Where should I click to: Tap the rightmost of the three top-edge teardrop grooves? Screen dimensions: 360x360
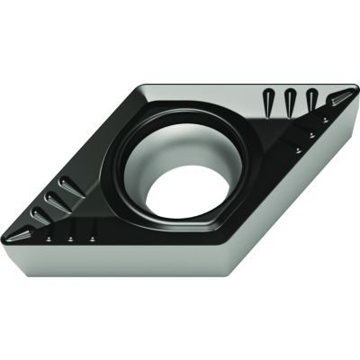(311, 99)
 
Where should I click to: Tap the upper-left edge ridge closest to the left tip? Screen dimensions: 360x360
(40, 214)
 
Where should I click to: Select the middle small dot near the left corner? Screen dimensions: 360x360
(71, 239)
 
